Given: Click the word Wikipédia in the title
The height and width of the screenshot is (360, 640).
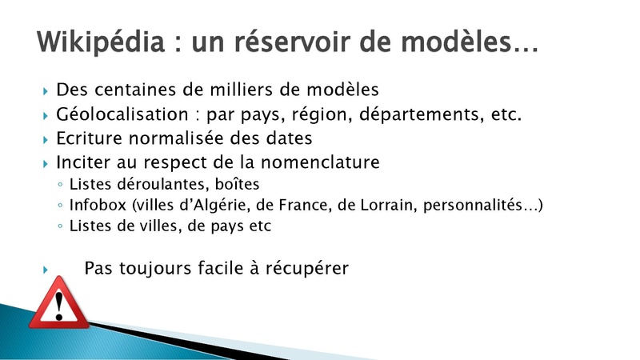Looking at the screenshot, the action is tap(101, 42).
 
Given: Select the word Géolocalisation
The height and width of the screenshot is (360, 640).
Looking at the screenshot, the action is tap(122, 114).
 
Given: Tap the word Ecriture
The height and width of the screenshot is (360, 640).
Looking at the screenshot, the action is tap(89, 138).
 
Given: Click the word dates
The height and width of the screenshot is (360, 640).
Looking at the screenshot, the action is tap(290, 138).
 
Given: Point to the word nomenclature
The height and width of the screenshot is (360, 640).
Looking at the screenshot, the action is tap(321, 162).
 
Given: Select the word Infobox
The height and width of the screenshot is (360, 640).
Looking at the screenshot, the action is tap(98, 205).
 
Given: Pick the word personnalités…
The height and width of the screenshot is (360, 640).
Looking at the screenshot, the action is tap(481, 206).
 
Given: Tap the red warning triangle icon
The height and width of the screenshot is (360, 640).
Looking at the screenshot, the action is tap(59, 303).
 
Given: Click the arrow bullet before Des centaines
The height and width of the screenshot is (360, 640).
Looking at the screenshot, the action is tap(46, 90).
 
